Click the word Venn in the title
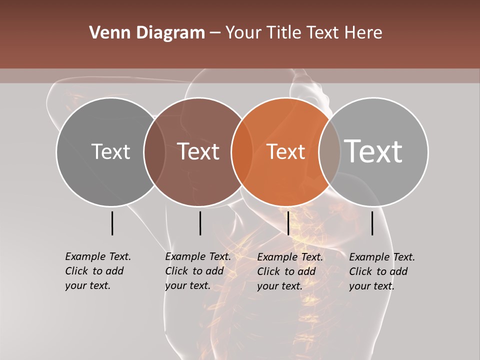click(106, 33)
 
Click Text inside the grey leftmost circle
click(110, 151)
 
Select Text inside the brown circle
click(198, 151)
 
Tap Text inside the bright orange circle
click(286, 151)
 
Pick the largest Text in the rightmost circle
click(373, 151)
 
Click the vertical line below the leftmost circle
click(112, 223)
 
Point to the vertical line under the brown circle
click(200, 223)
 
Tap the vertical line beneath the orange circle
click(288, 223)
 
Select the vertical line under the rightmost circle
click(372, 223)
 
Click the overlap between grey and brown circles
click(154, 152)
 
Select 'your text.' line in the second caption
click(187, 286)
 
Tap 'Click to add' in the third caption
click(286, 271)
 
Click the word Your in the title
click(243, 33)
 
